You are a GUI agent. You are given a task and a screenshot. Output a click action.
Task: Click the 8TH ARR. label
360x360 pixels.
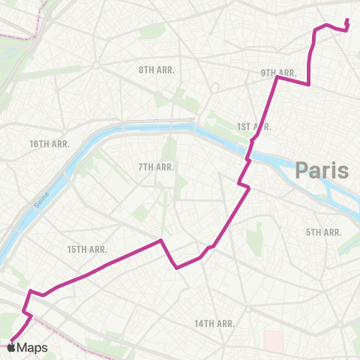[156, 70]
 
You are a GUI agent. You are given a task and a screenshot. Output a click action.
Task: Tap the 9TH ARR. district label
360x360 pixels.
[279, 73]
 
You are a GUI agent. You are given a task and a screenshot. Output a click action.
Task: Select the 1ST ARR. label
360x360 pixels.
[253, 127]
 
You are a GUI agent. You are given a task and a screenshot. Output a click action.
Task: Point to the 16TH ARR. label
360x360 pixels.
[49, 143]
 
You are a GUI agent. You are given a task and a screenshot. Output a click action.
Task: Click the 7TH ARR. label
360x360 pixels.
[156, 166]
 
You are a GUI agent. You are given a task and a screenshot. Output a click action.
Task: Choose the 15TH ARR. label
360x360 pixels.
[87, 249]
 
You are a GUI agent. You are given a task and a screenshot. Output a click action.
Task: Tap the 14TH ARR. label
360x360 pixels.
[215, 323]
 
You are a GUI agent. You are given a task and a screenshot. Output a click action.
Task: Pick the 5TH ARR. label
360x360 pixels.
[323, 232]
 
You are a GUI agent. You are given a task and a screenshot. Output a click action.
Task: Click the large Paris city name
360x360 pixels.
[322, 170]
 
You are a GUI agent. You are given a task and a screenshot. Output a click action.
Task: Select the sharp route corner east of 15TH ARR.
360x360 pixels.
[160, 241]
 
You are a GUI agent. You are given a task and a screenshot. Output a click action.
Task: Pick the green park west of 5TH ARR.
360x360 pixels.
[259, 233]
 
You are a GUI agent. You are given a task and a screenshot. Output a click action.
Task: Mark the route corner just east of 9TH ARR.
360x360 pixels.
[309, 85]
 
